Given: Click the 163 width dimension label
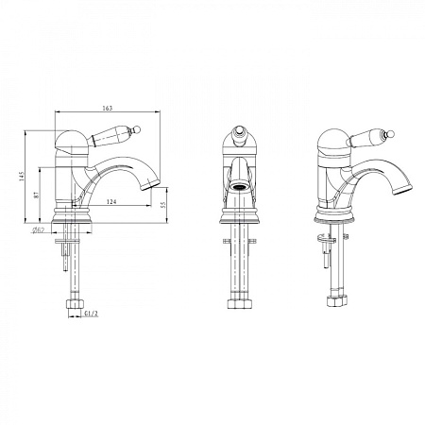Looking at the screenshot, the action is point(108,108).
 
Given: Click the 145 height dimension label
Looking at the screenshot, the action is point(21,177).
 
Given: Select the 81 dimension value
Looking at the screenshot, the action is point(37,195).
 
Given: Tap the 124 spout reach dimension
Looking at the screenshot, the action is point(111,201).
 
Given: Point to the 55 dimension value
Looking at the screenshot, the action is point(162,205).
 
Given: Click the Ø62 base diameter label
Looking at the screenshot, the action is point(38,230).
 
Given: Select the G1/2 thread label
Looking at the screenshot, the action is point(92,314).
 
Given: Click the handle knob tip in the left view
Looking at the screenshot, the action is point(137,128).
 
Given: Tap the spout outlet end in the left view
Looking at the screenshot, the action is point(151,185).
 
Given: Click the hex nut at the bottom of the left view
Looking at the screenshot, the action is point(75,304).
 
